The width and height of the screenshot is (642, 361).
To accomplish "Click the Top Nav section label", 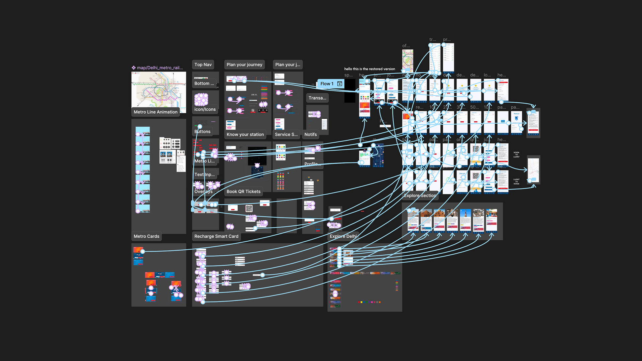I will (203, 65).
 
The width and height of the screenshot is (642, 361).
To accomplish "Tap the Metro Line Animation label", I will (155, 112).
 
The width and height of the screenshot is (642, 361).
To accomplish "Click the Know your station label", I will (245, 134).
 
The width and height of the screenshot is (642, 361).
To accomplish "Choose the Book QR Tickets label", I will (243, 192).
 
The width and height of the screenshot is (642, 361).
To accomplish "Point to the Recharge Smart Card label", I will (216, 236).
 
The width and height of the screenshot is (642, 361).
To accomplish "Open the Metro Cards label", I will (146, 236).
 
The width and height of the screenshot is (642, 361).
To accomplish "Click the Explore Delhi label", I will (343, 236).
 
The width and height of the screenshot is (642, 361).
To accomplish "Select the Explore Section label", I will (420, 196).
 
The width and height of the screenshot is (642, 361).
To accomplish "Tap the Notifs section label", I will (310, 134).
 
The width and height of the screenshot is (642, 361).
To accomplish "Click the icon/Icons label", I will (205, 109).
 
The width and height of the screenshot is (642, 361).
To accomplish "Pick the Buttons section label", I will (202, 132).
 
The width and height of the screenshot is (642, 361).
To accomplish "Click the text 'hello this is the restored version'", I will (369, 69).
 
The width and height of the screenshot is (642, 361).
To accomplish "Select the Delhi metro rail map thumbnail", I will (158, 90).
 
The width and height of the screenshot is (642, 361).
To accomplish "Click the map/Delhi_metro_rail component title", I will (159, 68).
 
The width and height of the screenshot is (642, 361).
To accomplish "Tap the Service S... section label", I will (286, 134).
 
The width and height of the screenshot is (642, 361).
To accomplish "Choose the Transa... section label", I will (317, 98).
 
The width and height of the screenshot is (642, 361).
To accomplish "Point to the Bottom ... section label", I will (204, 83).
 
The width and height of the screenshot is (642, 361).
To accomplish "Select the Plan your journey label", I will (244, 65).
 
